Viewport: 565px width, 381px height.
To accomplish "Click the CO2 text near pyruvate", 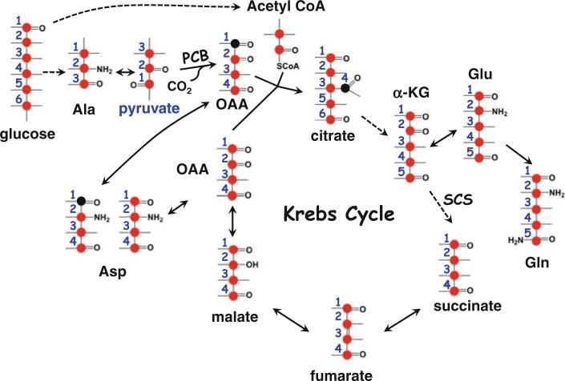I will click(x=181, y=83).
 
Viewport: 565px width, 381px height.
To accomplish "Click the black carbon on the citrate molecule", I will click(x=344, y=88).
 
